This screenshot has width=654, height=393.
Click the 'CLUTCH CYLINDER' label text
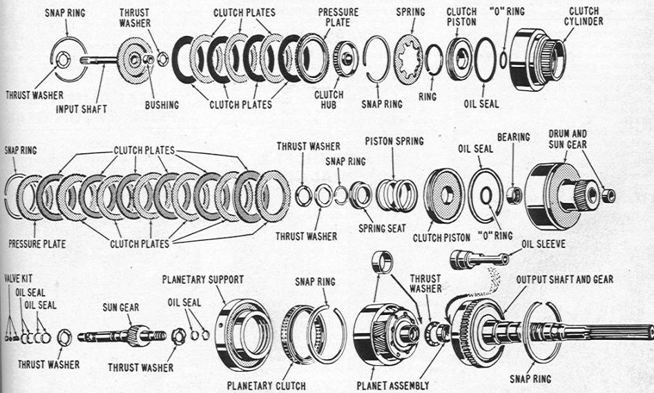click(584, 16)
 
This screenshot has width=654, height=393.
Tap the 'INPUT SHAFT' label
click(81, 109)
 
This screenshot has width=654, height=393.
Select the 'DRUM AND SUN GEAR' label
click(568, 137)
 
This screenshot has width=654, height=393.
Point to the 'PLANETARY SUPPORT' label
click(202, 279)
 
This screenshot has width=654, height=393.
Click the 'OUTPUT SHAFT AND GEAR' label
click(564, 279)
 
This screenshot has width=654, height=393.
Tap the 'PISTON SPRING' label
click(394, 142)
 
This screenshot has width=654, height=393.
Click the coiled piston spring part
click(397, 195)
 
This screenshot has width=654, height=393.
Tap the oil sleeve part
click(476, 260)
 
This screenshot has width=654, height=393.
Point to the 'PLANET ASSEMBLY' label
click(393, 385)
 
